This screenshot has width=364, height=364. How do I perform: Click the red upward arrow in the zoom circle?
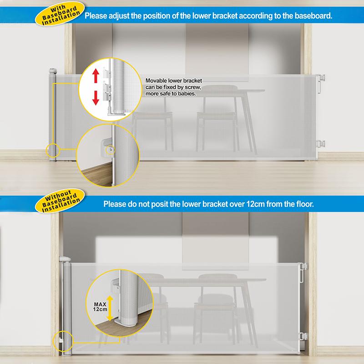[x=96, y=76]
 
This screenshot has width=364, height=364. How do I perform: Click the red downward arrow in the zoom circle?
[x=96, y=98]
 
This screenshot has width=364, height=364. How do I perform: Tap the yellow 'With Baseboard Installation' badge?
[x=60, y=14]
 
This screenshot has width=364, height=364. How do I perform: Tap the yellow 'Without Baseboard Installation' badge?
[x=60, y=201]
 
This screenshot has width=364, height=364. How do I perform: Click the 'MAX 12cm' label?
[x=100, y=307]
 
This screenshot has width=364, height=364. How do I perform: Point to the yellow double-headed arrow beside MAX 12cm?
[x=110, y=308]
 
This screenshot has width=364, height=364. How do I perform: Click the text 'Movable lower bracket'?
[x=174, y=81]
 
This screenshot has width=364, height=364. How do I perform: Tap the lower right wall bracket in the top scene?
[x=321, y=144]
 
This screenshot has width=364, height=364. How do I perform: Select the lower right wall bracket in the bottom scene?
[x=303, y=336]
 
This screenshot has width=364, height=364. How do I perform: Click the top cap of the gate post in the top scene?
[x=53, y=71]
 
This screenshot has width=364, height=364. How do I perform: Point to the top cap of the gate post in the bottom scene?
[x=65, y=259]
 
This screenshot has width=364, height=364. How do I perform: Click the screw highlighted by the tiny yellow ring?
[x=111, y=150]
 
